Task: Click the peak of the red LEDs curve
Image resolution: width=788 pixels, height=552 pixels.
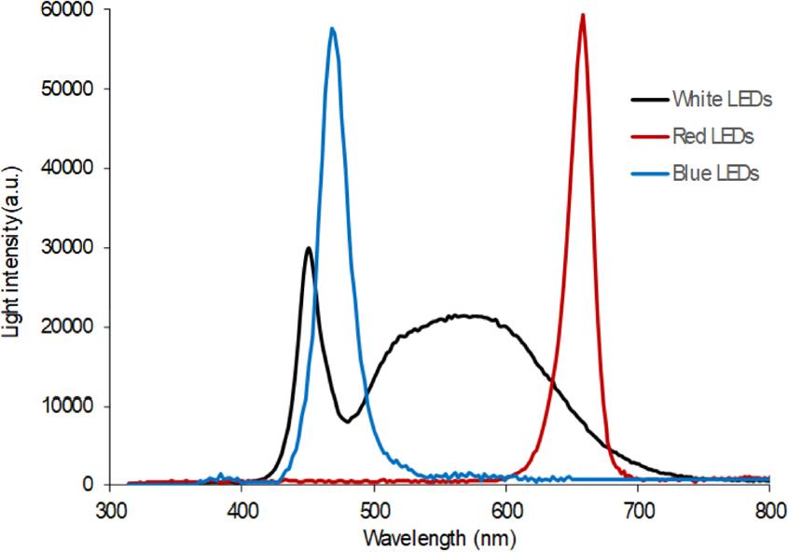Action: point(583,15)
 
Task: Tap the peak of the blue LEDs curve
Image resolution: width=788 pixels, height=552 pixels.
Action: point(332,29)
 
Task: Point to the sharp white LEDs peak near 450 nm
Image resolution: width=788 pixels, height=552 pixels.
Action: point(308,248)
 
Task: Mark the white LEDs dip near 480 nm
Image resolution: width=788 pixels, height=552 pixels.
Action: point(347,421)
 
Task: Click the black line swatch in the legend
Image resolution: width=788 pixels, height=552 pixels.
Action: point(644,100)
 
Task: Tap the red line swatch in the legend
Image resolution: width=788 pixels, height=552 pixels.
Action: point(644,136)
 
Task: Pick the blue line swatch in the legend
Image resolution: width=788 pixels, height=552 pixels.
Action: point(644,173)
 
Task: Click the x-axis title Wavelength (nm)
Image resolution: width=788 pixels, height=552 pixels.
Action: point(439,538)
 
